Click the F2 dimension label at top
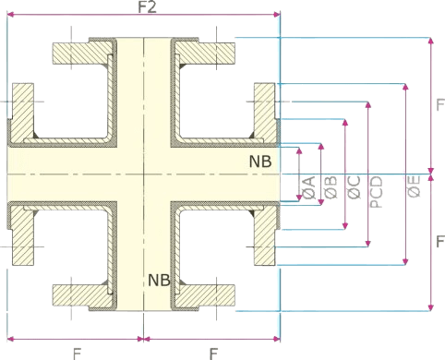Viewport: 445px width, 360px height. (x=145, y=7)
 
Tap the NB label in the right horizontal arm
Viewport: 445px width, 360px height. (x=260, y=162)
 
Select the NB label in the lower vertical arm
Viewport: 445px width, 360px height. (x=159, y=277)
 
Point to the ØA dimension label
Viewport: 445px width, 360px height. (x=306, y=187)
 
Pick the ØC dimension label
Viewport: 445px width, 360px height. (x=352, y=187)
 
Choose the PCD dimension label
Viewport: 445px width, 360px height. (x=375, y=188)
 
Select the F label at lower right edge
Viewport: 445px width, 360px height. (x=439, y=242)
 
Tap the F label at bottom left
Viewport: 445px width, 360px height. (x=74, y=351)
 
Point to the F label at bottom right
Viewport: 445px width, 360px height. (x=212, y=351)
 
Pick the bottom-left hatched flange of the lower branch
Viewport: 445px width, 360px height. (x=83, y=295)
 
